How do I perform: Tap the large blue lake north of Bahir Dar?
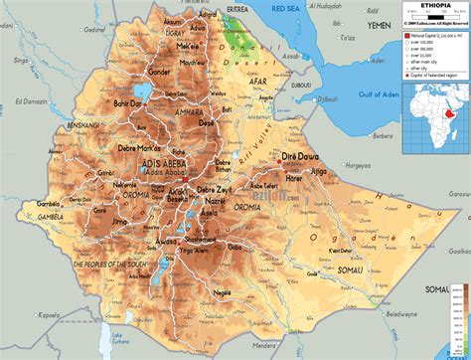coord(140,91)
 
